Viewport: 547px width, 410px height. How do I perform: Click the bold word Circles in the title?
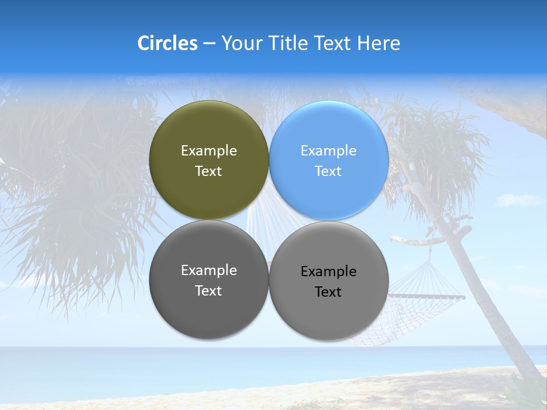[x=168, y=43]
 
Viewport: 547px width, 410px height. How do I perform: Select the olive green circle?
[x=209, y=131]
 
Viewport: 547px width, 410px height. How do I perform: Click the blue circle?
[x=329, y=131]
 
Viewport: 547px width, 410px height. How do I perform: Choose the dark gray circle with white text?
[x=209, y=307]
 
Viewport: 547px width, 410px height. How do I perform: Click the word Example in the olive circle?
[x=209, y=151]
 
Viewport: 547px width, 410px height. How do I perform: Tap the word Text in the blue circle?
[x=328, y=171]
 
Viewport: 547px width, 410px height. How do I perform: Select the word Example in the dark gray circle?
[x=209, y=270]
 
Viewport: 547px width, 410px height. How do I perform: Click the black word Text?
[x=328, y=292]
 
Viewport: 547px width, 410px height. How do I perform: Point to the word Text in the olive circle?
[x=209, y=171]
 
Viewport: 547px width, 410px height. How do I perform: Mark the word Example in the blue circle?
[x=328, y=151]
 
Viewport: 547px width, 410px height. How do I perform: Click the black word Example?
[x=328, y=272]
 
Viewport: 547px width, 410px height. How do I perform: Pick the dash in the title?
[x=209, y=44]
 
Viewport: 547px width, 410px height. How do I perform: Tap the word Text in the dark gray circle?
[x=209, y=291]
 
